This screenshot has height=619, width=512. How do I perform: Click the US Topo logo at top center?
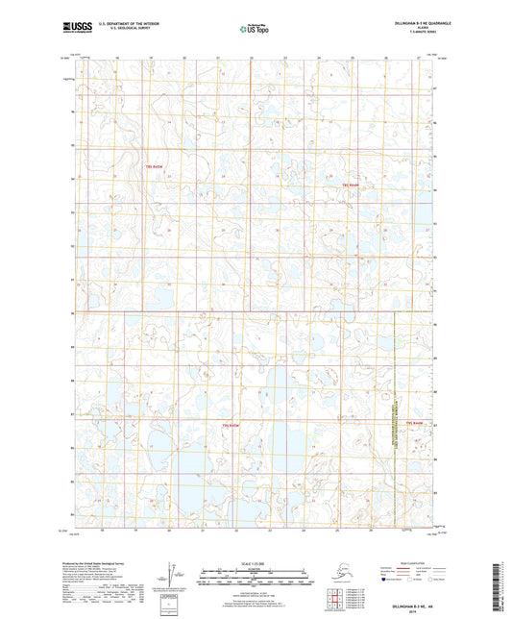click(255, 29)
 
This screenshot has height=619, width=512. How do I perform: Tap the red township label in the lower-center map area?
click(229, 424)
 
